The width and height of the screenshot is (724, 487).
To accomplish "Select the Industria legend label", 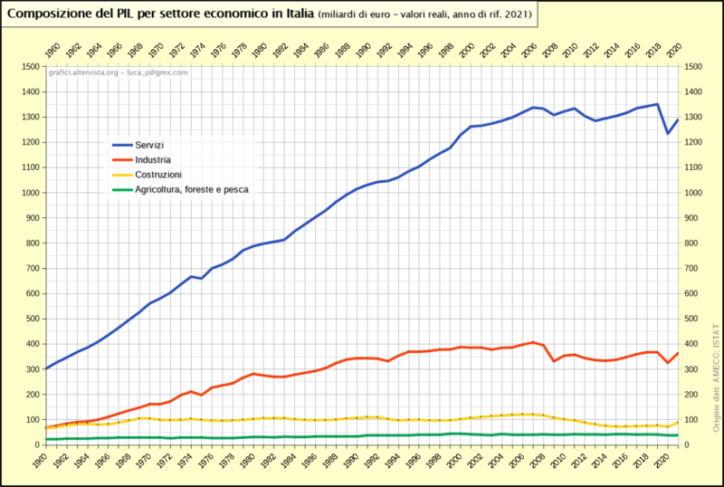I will (153, 159).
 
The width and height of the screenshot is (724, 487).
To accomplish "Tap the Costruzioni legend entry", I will (158, 174).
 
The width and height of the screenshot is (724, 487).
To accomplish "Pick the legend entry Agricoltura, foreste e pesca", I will (191, 189).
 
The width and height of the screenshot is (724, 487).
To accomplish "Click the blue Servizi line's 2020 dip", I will (668, 133).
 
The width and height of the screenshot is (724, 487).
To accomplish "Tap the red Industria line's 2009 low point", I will (554, 361).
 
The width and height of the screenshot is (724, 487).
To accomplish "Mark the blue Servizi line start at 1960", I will (47, 368).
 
